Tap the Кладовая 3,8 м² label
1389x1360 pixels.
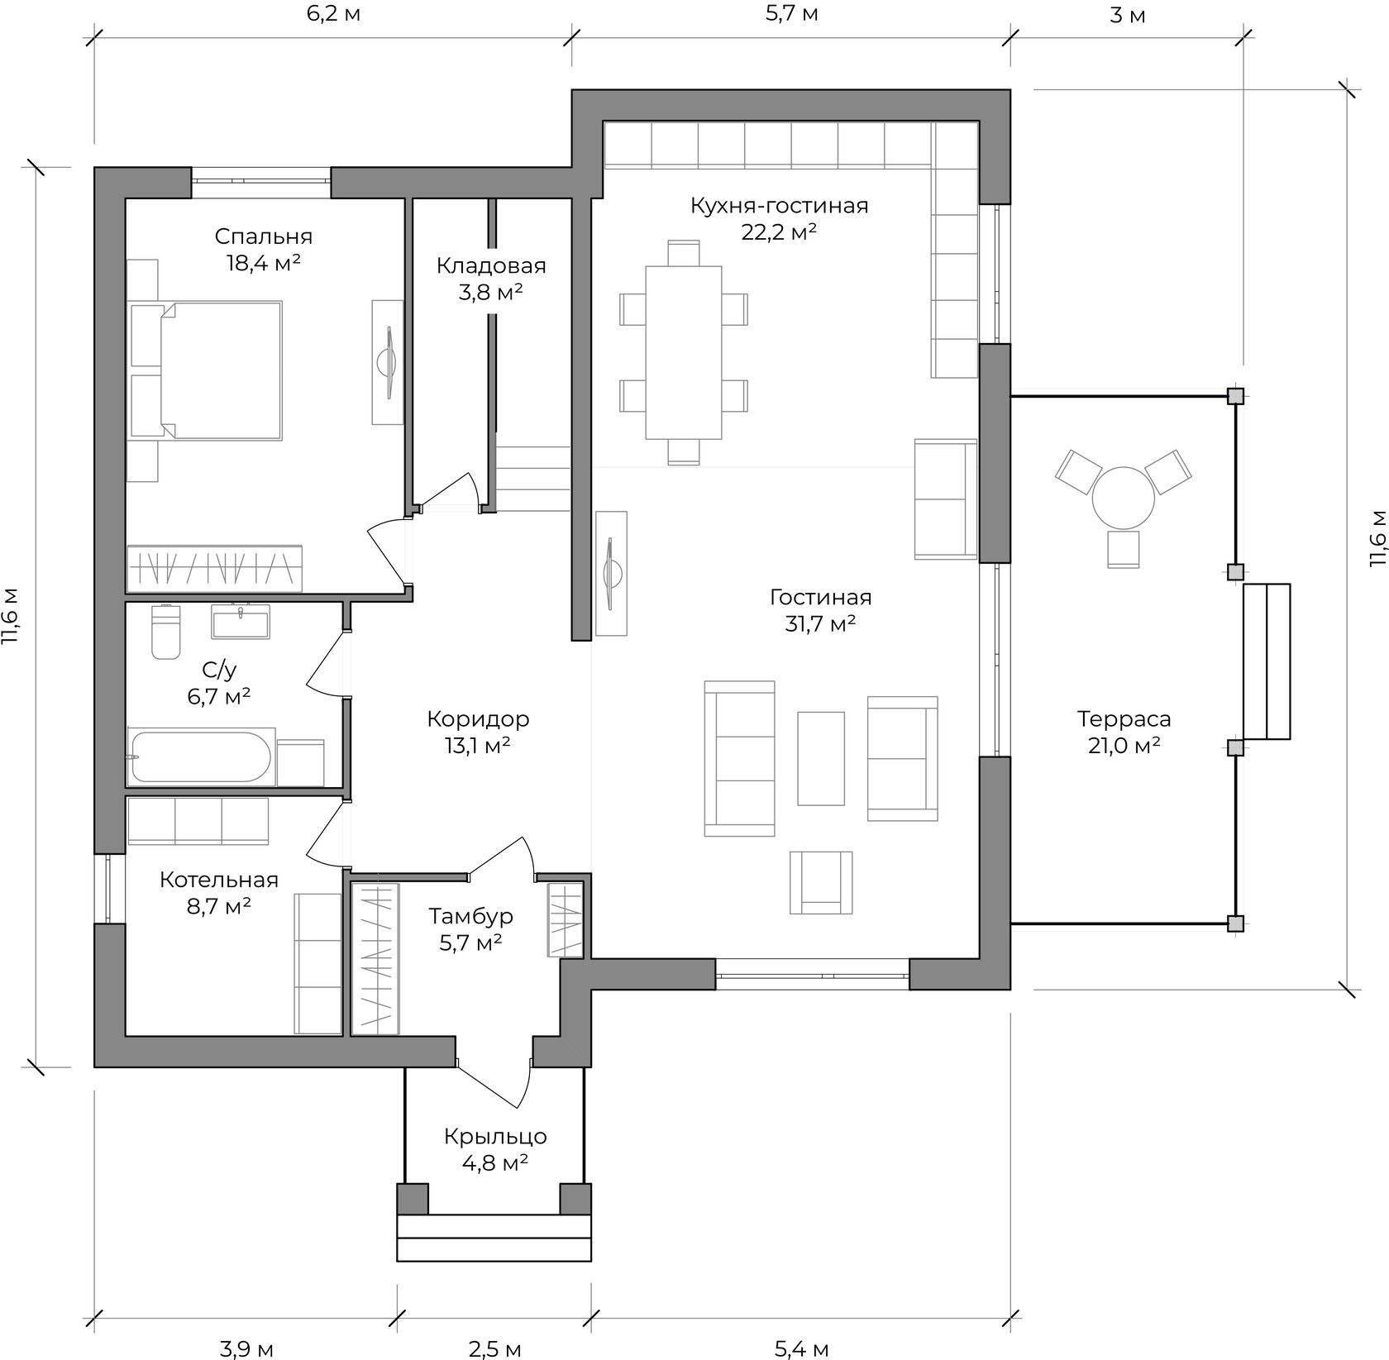pyautogui.click(x=491, y=279)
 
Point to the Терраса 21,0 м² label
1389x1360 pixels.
pyautogui.click(x=1124, y=732)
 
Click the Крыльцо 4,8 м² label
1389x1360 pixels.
pyautogui.click(x=495, y=1149)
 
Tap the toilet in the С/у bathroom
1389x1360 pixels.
pyautogui.click(x=165, y=632)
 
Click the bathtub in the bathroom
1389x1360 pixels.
pyautogui.click(x=202, y=757)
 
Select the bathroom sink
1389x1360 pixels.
pyautogui.click(x=241, y=622)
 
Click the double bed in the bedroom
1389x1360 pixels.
pyautogui.click(x=207, y=370)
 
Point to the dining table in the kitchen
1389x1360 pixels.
pyautogui.click(x=684, y=352)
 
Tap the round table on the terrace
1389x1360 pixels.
pyautogui.click(x=1124, y=499)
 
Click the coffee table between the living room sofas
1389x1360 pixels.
pyautogui.click(x=821, y=758)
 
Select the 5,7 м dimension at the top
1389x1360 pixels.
pyautogui.click(x=791, y=14)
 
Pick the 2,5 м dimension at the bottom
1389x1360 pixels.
pyautogui.click(x=494, y=1350)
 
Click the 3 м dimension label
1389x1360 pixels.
pyautogui.click(x=1127, y=15)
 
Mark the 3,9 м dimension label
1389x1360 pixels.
pyautogui.click(x=246, y=1350)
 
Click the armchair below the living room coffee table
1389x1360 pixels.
pyautogui.click(x=821, y=882)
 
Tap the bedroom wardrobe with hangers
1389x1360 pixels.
pyautogui.click(x=214, y=568)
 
